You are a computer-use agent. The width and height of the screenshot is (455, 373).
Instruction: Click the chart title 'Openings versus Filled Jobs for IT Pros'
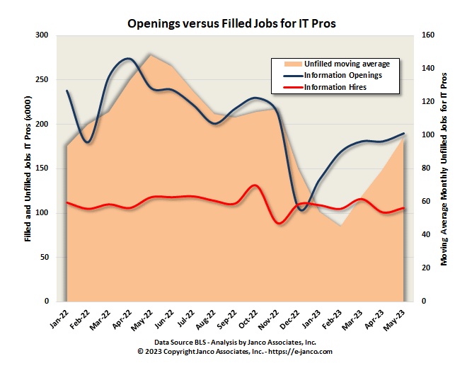click(x=231, y=23)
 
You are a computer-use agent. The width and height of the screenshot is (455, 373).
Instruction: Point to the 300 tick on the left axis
click(x=42, y=35)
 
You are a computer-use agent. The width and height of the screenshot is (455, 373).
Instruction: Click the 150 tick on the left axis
click(x=42, y=168)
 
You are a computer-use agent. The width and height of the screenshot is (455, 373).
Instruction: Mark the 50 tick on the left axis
click(x=44, y=257)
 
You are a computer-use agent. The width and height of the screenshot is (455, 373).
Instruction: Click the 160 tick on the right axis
click(x=428, y=35)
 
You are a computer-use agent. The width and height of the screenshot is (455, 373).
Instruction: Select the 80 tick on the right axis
click(x=426, y=168)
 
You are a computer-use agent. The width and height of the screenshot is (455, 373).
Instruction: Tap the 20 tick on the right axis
click(x=426, y=268)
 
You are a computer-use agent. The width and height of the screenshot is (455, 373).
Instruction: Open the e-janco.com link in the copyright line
click(x=302, y=351)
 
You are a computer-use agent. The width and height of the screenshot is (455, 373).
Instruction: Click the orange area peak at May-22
click(x=149, y=55)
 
